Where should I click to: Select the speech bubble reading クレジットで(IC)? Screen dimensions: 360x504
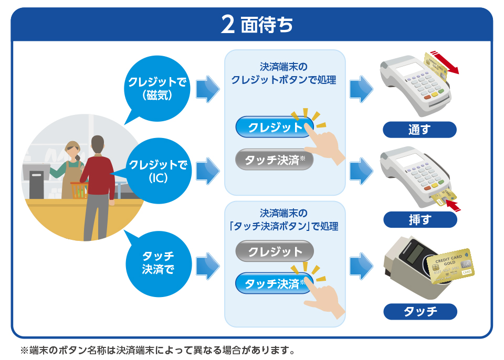coord(158,172)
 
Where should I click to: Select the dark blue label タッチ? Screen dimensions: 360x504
coord(420,311)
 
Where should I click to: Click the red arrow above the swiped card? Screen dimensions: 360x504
coord(444,62)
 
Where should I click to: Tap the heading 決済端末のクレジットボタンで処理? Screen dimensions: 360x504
coord(283,73)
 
